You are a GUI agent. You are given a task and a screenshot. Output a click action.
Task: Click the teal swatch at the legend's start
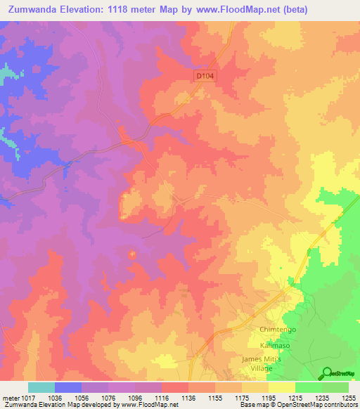41,387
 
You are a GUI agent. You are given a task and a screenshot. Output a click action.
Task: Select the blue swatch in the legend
67,387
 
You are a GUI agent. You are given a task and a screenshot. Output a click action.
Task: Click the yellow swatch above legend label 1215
282,387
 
